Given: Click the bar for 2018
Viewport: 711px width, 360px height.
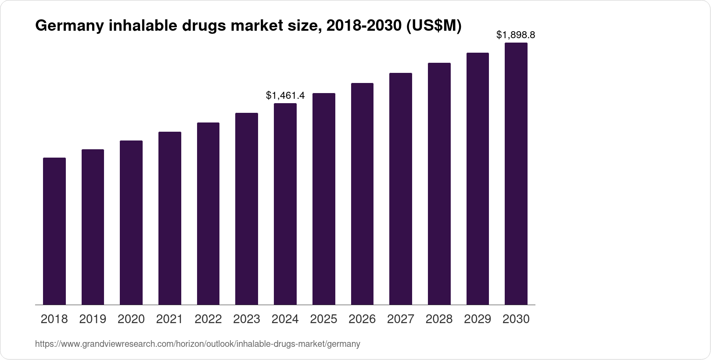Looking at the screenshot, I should click(54, 231).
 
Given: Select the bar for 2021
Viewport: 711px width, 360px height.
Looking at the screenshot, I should click(170, 218).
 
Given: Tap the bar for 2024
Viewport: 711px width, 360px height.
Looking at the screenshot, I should click(285, 204).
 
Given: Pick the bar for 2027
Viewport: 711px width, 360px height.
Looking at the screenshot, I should click(401, 189).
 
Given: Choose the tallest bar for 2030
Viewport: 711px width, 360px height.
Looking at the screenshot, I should click(516, 173).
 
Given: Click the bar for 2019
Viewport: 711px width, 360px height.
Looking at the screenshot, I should click(93, 227).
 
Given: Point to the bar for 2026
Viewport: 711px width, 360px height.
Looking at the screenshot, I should click(362, 194).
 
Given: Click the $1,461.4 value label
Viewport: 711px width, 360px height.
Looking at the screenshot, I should click(285, 95).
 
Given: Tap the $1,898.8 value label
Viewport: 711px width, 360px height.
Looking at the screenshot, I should click(516, 35).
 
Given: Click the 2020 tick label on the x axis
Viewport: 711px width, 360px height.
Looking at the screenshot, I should click(131, 319).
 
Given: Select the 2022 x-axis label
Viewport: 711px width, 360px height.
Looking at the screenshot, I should click(208, 319).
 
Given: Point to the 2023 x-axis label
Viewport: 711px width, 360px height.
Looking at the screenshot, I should click(247, 319).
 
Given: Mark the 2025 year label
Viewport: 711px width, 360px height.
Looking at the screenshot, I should click(323, 319).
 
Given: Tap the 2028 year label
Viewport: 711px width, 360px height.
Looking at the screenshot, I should click(439, 319).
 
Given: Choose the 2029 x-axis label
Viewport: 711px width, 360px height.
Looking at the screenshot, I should click(478, 319).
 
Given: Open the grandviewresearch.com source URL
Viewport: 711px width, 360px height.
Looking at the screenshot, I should click(197, 344).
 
